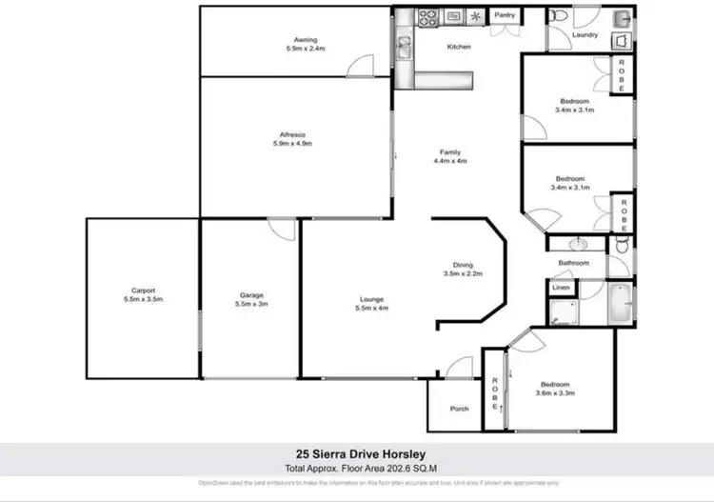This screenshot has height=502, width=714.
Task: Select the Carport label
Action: pos(144,291)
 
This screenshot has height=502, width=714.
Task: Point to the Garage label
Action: pos(251,295)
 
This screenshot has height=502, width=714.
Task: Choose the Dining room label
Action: pos(463,266)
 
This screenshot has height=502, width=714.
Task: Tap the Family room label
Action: pos(449,152)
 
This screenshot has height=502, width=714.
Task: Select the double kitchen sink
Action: pos(405,45)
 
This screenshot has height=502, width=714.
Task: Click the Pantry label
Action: pos(504,16)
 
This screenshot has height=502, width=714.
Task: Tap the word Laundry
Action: pos(585,35)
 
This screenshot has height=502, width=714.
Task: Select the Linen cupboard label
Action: pos(561,287)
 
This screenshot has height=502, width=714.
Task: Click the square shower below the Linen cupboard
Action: pos(562,311)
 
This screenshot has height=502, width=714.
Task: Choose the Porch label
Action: pos(459,409)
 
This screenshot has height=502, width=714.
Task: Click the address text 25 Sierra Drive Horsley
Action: pos(357,454)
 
